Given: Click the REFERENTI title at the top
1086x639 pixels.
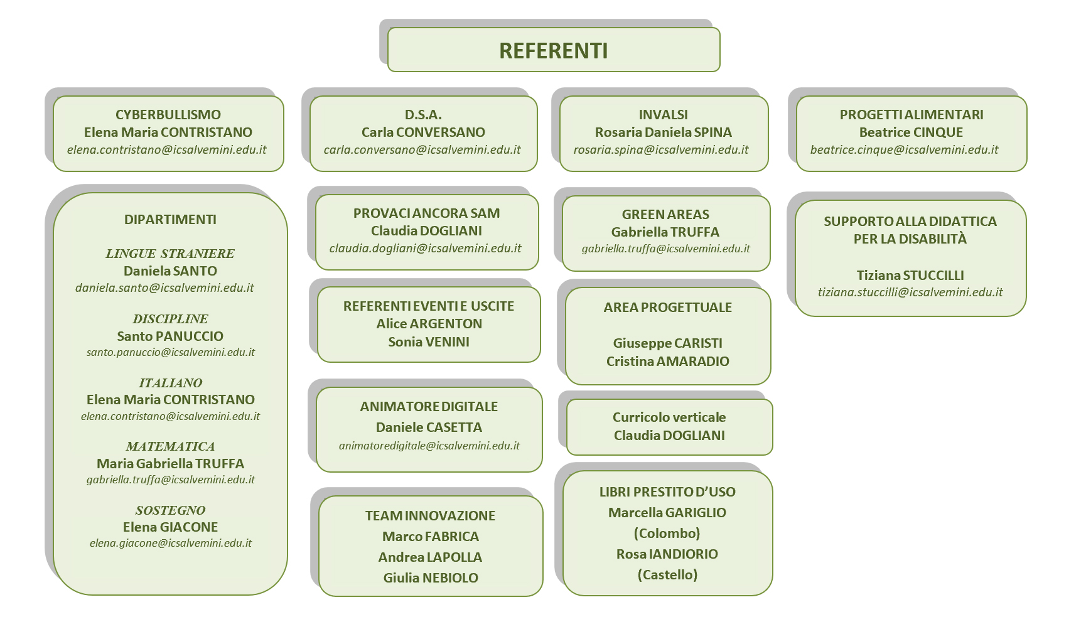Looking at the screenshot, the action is pyautogui.click(x=553, y=51).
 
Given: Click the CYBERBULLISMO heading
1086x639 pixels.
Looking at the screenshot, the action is pyautogui.click(x=168, y=115).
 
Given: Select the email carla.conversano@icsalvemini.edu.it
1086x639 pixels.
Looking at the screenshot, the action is pyautogui.click(x=422, y=150).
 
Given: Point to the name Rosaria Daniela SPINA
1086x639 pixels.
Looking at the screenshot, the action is pyautogui.click(x=664, y=132).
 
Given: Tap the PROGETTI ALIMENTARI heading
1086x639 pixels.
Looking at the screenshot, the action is pyautogui.click(x=911, y=115).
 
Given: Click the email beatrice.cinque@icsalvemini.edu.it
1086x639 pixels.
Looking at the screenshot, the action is pyautogui.click(x=904, y=150).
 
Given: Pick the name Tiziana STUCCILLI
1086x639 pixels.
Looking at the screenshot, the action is pyautogui.click(x=910, y=276).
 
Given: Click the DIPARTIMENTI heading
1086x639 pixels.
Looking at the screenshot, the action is pyautogui.click(x=170, y=220).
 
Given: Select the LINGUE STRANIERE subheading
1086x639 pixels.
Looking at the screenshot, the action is pyautogui.click(x=170, y=254).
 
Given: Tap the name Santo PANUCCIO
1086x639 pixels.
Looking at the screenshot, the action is pyautogui.click(x=170, y=336).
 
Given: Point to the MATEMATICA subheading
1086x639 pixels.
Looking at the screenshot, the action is pyautogui.click(x=170, y=446).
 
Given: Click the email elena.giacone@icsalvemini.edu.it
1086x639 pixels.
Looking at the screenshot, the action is pyautogui.click(x=170, y=543).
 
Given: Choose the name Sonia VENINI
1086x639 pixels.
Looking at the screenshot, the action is pyautogui.click(x=429, y=342).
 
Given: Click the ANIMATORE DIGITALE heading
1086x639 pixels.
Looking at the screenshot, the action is pyautogui.click(x=429, y=407).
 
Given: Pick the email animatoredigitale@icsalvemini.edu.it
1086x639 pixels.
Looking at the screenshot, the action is pyautogui.click(x=429, y=446).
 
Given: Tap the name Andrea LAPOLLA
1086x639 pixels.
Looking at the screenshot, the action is pyautogui.click(x=430, y=557).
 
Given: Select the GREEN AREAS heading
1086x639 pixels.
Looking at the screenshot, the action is pyautogui.click(x=665, y=215).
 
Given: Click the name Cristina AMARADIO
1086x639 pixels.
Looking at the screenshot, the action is pyautogui.click(x=668, y=362).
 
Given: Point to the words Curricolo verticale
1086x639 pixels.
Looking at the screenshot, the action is pyautogui.click(x=669, y=417).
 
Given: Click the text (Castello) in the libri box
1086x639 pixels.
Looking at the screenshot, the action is pyautogui.click(x=667, y=575).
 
